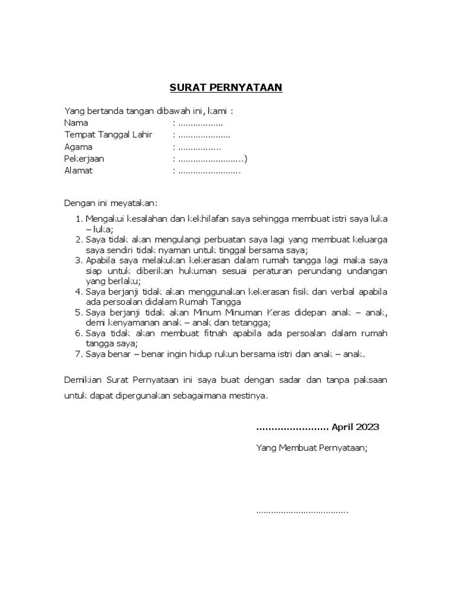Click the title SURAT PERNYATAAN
(x=226, y=88)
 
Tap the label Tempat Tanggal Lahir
(x=108, y=134)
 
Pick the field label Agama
(x=78, y=147)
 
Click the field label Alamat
(x=78, y=171)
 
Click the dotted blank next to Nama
(x=200, y=123)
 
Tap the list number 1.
(x=79, y=219)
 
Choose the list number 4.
(x=79, y=292)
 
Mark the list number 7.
(x=79, y=354)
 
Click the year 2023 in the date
(x=366, y=427)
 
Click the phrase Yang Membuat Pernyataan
(x=311, y=448)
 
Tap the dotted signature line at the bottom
(x=302, y=511)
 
